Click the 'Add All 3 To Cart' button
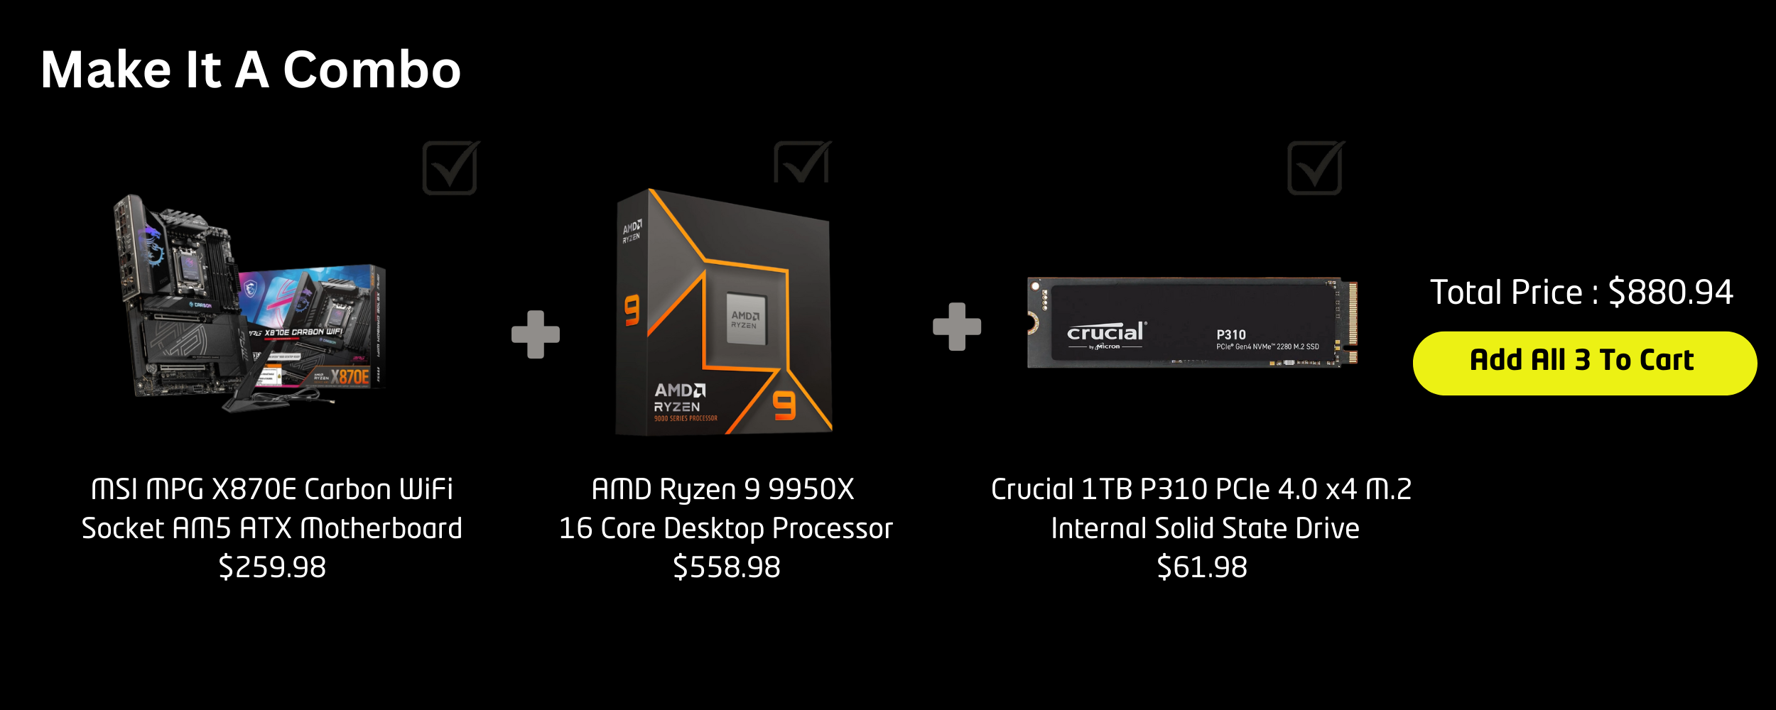1584,363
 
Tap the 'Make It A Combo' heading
251,70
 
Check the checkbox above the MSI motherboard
450,168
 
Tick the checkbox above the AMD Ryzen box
801,163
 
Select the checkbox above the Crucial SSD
1315,168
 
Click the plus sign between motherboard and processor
536,334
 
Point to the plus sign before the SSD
957,327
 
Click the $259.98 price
272,567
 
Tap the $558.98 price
726,567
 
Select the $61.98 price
1202,567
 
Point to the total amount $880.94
1670,292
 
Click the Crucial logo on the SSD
1105,332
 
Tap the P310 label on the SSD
1231,334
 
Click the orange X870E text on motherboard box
350,376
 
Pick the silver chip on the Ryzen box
745,319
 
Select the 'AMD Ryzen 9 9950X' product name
723,489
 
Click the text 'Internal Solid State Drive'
1205,528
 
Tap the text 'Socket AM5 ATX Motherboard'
272,528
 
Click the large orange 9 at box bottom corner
784,405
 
